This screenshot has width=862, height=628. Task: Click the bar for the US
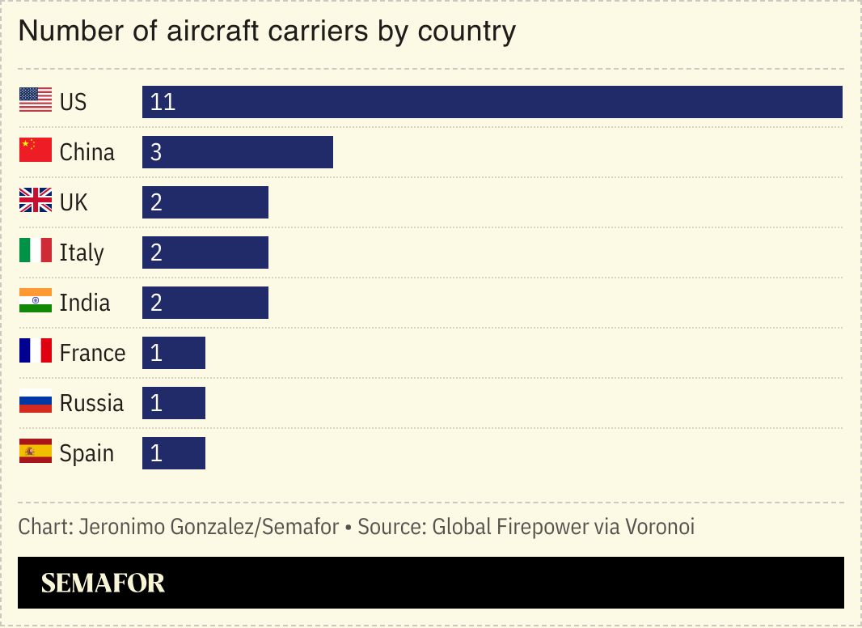coord(492,102)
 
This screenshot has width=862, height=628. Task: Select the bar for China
coord(238,152)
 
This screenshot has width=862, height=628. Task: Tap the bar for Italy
coord(205,252)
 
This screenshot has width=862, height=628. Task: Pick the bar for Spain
coord(174,453)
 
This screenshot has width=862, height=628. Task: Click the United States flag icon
coord(36,100)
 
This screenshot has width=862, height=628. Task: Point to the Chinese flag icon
coord(36,151)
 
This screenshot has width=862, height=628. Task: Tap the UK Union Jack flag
coord(36,201)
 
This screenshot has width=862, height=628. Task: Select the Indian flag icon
coord(36,301)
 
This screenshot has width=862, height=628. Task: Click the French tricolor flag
coord(36,351)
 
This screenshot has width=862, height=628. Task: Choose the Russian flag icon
coord(36,401)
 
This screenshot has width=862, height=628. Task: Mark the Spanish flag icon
coord(36,452)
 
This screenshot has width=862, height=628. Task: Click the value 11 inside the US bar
coord(163,102)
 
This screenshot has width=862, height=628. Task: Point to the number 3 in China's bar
coord(156,152)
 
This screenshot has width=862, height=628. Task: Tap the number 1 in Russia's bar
coord(156,403)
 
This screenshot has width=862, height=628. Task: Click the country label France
coord(92,353)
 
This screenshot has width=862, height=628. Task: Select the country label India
coord(85,303)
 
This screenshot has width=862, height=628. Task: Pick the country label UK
coord(74,202)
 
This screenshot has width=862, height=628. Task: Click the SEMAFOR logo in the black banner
coord(103,583)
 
